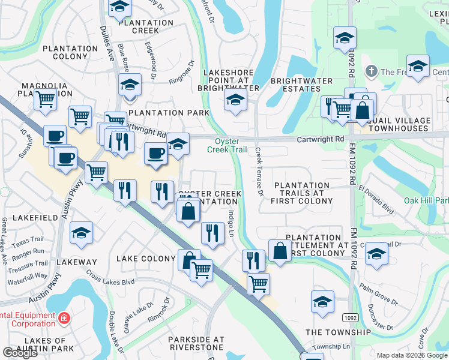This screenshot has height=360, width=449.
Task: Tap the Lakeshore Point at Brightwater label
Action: [232, 80]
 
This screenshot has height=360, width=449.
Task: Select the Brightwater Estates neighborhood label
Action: [301, 85]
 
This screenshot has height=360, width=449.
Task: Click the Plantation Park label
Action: [169, 113]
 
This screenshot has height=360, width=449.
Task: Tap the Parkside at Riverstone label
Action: [196, 344]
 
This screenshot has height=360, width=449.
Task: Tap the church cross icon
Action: [372, 72]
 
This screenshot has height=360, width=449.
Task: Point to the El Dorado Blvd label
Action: [376, 201]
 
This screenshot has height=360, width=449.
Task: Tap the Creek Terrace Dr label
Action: [260, 172]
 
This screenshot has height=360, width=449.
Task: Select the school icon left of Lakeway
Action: [81, 233]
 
